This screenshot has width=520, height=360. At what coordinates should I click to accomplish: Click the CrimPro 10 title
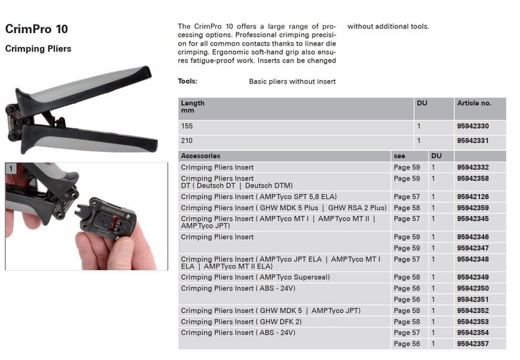[x=37, y=29]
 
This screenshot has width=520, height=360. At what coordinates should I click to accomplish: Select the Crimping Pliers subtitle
[x=38, y=49]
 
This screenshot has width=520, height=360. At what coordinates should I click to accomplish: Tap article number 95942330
[x=473, y=127]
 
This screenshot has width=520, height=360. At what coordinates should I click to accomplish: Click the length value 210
[x=186, y=141]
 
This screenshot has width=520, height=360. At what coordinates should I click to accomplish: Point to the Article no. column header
[x=474, y=103]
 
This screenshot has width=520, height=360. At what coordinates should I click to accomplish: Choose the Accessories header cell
[x=201, y=156]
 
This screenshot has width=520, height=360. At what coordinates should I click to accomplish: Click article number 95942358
[x=473, y=179]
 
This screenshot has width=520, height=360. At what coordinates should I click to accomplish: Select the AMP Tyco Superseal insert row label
[x=255, y=277]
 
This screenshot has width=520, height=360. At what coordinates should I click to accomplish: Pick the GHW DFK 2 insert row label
[x=241, y=321]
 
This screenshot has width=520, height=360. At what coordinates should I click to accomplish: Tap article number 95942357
[x=473, y=344]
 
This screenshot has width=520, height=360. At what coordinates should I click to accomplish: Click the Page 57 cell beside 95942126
[x=407, y=197]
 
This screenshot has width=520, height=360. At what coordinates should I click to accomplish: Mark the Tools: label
[x=187, y=82]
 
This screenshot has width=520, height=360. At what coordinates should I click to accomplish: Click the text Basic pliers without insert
[x=292, y=82]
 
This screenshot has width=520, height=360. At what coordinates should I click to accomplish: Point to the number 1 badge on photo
[x=11, y=169]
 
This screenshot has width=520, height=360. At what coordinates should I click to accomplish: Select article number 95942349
[x=473, y=277]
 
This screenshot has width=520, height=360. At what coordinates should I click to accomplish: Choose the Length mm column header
[x=193, y=107]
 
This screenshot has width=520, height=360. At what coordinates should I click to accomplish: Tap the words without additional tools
[x=388, y=27]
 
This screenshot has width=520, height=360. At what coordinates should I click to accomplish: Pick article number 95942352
[x=473, y=311]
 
